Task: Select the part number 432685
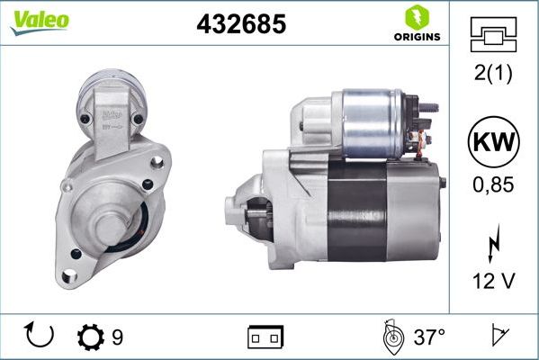click(x=241, y=25)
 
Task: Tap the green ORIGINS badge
click(x=417, y=24)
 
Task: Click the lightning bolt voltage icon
click(x=493, y=246)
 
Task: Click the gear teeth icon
click(x=91, y=337)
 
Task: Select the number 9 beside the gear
click(x=117, y=337)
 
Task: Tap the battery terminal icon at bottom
click(x=266, y=337)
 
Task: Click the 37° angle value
click(x=429, y=337)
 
